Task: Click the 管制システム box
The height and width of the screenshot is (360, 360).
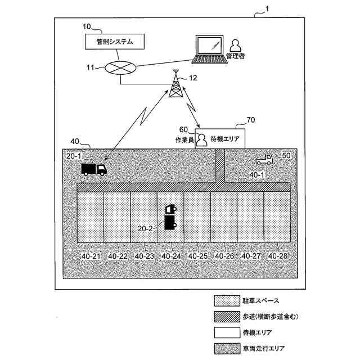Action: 115,41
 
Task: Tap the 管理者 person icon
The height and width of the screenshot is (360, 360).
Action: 236,44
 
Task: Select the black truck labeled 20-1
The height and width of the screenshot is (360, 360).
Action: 93,168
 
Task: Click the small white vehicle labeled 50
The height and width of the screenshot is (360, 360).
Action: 263,159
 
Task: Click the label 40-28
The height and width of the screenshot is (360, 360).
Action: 278,256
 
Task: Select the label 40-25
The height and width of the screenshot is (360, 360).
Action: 198,256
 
